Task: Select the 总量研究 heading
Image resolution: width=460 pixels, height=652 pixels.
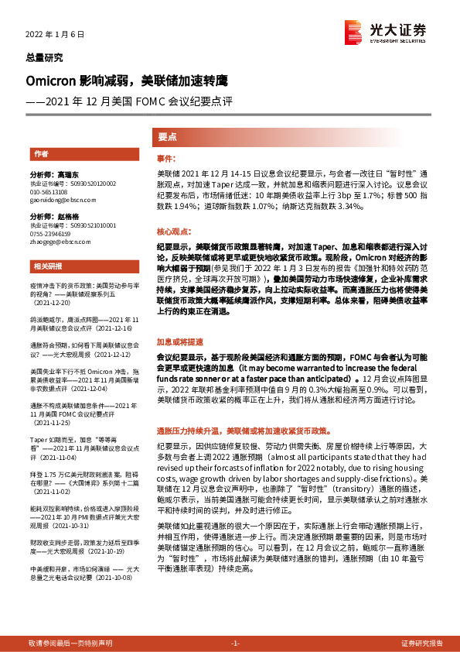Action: pos(45,58)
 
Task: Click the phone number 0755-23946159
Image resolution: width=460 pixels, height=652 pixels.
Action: pos(52,233)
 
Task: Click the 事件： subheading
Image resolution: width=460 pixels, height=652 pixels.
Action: pos(166,158)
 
